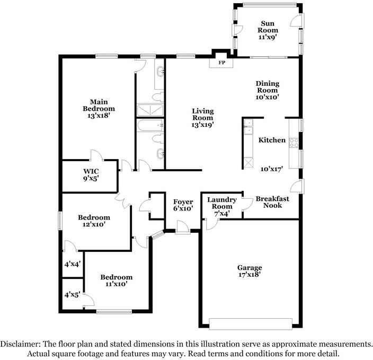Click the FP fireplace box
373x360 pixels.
coord(223,63)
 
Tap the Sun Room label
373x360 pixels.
coord(268,27)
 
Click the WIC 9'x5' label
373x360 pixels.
coord(91,175)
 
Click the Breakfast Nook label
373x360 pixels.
coord(272,202)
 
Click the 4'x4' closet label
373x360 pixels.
coord(72,264)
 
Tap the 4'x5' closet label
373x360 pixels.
coord(72,294)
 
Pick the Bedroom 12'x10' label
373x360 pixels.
coord(94,221)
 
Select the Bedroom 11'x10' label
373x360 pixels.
coord(117,280)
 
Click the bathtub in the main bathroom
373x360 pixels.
coord(151,126)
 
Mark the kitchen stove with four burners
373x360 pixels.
coord(294,142)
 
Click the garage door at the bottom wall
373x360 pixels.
coord(251,323)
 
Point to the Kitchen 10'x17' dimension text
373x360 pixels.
coord(271,169)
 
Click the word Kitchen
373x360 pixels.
coord(272,141)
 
